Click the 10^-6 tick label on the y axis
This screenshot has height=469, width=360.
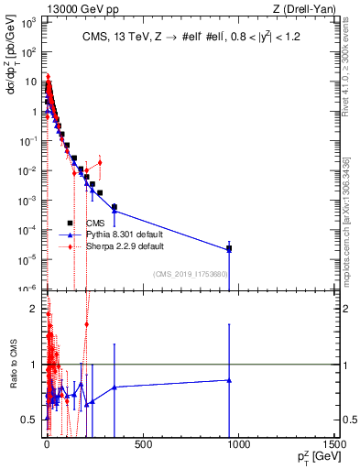pyautogui.click(x=30, y=289)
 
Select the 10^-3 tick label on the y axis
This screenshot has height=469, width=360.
pyautogui.click(x=30, y=201)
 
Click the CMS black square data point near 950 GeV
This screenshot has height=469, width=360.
pyautogui.click(x=229, y=248)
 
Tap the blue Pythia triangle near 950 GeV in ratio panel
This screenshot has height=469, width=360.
pyautogui.click(x=229, y=380)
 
